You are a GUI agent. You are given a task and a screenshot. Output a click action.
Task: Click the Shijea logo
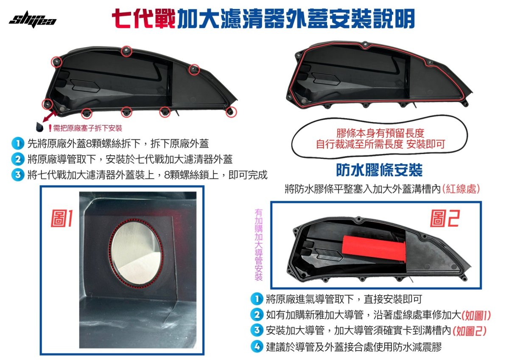click(32, 20)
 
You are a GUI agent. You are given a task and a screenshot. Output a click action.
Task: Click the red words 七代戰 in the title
click(143, 18)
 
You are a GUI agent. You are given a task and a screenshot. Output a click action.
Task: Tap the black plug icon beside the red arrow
click(39, 126)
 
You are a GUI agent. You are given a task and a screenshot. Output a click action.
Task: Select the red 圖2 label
click(444, 219)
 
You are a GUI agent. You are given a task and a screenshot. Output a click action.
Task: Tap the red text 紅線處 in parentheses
click(461, 189)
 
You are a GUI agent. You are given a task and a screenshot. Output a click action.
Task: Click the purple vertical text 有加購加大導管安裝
click(259, 244)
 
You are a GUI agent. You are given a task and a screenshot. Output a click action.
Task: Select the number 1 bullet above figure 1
click(17, 143)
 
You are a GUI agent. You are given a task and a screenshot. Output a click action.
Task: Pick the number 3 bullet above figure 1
click(17, 175)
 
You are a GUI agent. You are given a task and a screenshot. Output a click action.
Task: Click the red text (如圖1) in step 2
click(476, 315)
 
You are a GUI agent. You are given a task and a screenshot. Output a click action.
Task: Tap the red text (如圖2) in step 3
click(470, 331)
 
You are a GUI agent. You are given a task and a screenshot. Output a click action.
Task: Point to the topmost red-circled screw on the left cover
click(126, 51)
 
